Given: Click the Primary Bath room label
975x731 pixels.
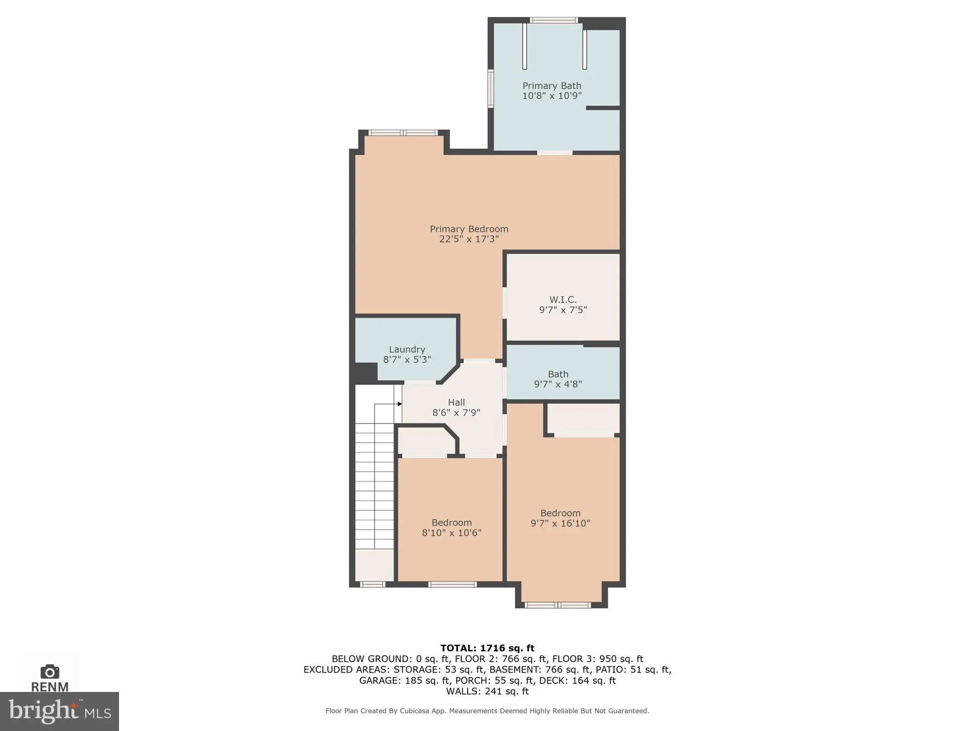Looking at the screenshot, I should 552,86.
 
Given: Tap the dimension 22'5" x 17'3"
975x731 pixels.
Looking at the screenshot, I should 468,239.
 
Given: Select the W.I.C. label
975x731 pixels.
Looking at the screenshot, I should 563,299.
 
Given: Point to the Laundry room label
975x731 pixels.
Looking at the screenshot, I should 407,349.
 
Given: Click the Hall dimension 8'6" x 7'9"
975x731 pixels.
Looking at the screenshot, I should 456,413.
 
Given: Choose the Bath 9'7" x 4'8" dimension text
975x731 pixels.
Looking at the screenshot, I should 557,384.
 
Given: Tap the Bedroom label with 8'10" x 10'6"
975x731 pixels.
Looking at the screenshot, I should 451,523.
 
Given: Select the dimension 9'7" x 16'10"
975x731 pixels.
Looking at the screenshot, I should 560,523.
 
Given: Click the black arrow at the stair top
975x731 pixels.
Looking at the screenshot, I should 399,404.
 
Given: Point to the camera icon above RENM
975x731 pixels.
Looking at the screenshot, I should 50,672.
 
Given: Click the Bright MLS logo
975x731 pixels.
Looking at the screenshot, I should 59,711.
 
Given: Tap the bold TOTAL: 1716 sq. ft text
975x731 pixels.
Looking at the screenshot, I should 487,648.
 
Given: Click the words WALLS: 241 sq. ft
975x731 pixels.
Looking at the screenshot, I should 487,691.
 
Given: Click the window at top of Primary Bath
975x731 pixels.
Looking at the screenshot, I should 554,20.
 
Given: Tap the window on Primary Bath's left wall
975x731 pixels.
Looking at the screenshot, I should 490,89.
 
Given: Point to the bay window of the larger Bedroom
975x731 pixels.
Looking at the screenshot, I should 557,605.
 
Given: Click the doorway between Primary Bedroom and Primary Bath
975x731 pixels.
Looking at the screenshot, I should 555,153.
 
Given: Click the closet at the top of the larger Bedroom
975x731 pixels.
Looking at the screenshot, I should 583,418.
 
